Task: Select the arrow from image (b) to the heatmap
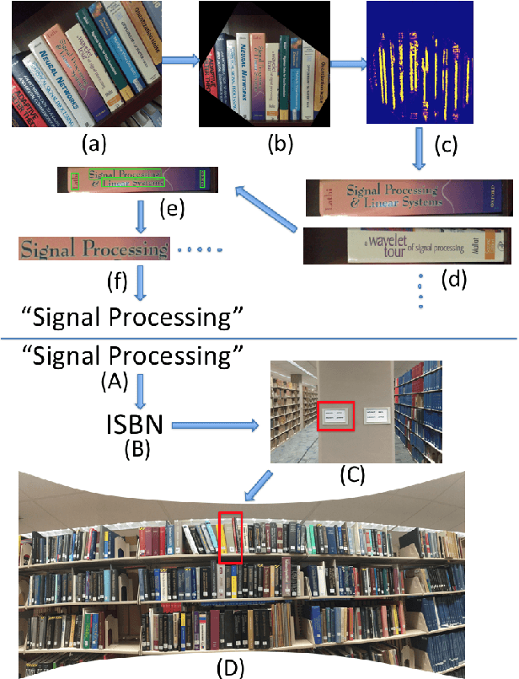(x=347, y=60)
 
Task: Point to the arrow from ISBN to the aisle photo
(x=215, y=425)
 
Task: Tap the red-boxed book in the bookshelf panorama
(x=230, y=537)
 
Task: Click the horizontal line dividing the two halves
(x=259, y=339)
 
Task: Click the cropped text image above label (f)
(x=94, y=249)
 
